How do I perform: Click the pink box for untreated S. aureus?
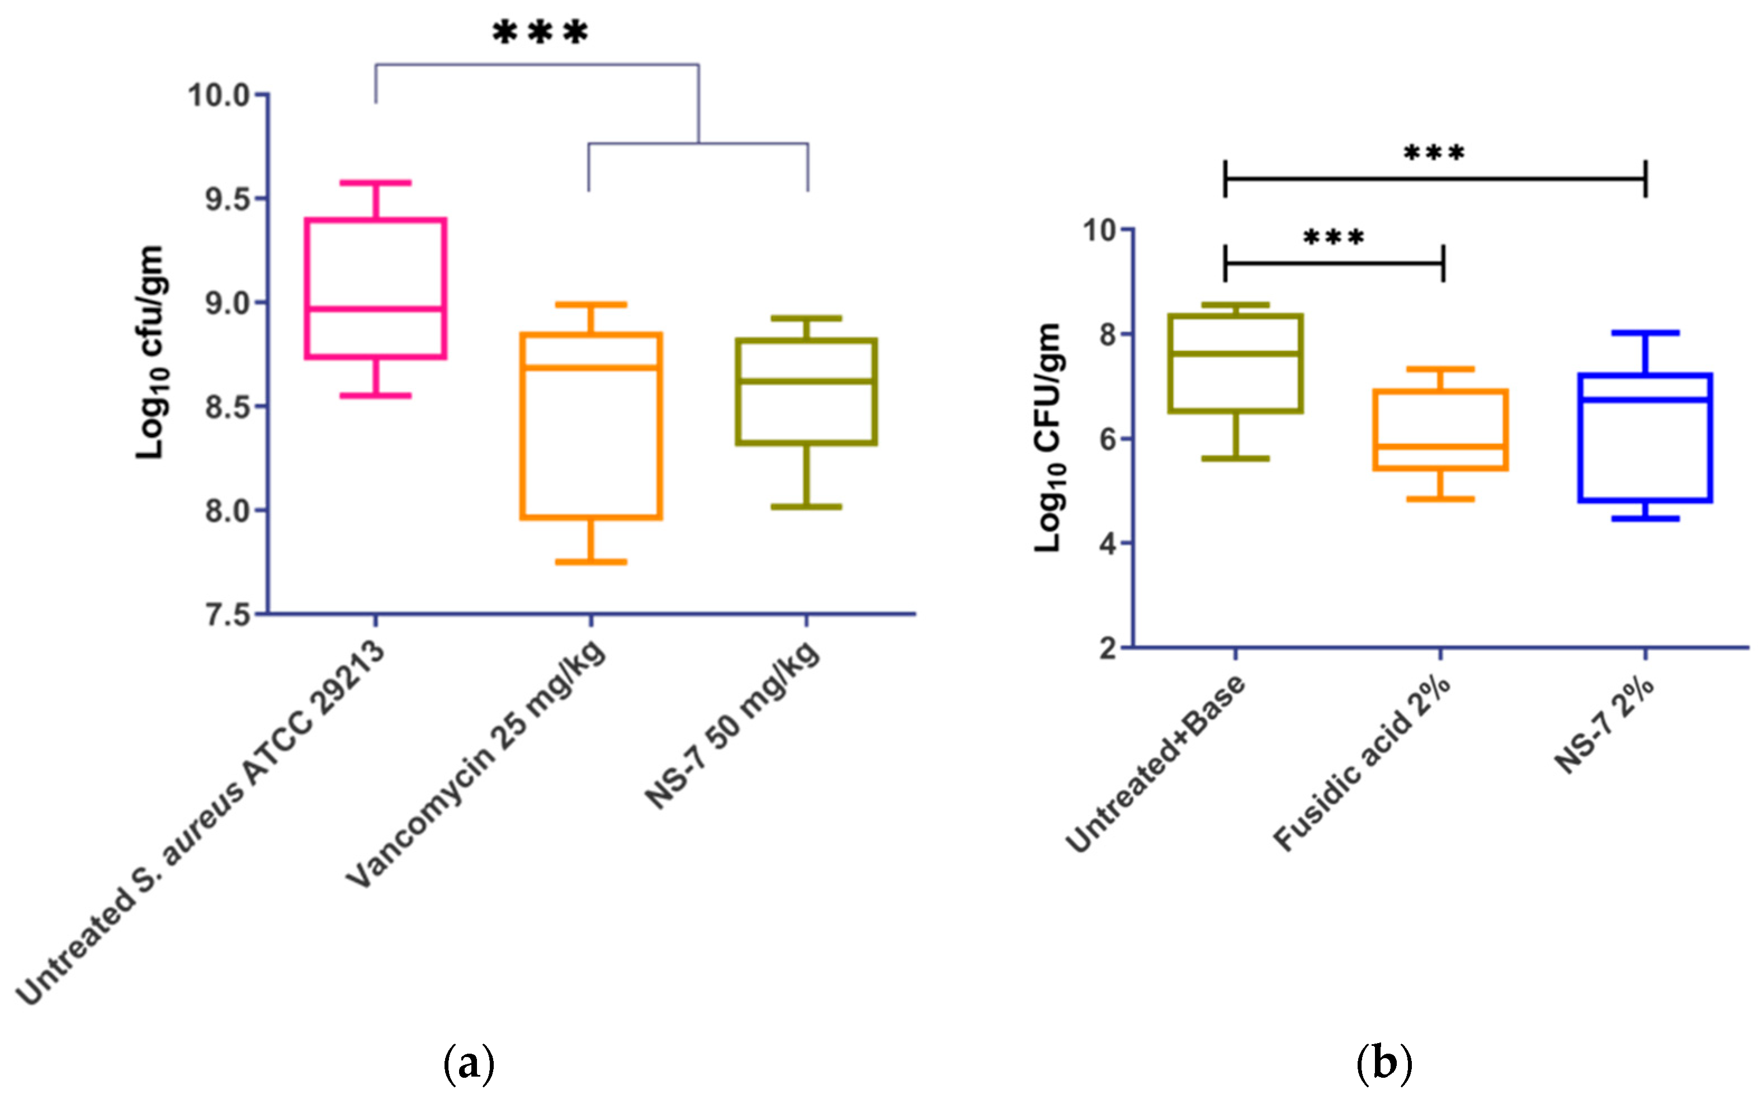click(375, 288)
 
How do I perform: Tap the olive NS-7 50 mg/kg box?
click(806, 391)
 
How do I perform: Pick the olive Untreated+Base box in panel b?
click(1236, 363)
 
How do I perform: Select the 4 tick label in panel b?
click(1109, 544)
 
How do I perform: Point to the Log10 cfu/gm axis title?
click(152, 353)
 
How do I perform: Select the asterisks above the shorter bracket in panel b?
click(1334, 238)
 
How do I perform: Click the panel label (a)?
click(469, 1064)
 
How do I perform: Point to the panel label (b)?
click(1383, 1064)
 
